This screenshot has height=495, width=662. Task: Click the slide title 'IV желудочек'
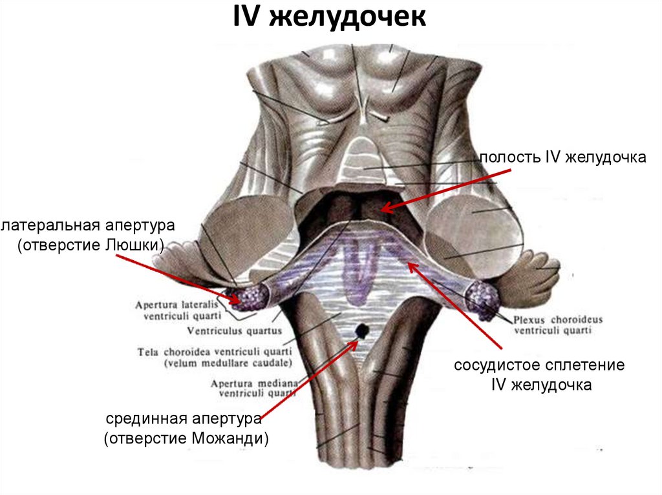tap(330, 17)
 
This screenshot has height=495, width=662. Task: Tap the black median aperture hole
tap(363, 331)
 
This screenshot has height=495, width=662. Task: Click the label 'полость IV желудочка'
tap(562, 158)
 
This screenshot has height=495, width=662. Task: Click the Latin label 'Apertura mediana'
tap(254, 383)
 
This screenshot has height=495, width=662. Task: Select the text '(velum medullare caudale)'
tap(228, 363)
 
